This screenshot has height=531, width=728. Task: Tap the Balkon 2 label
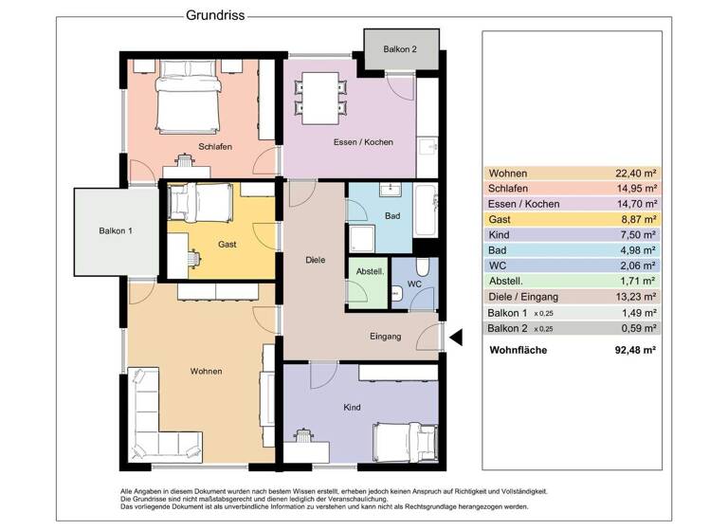tap(399, 48)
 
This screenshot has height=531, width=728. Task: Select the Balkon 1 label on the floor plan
tap(115, 230)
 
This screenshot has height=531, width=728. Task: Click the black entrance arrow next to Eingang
tap(454, 337)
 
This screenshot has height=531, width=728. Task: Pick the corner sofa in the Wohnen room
tap(155, 418)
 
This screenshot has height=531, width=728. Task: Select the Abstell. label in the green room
tap(370, 270)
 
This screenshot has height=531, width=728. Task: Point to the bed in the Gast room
tap(200, 201)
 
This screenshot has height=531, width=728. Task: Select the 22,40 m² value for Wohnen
tap(636, 174)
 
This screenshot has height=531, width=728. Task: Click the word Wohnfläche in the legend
tap(518, 350)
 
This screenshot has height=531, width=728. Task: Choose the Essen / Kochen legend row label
tap(523, 204)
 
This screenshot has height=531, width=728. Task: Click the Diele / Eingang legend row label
tap(524, 297)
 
